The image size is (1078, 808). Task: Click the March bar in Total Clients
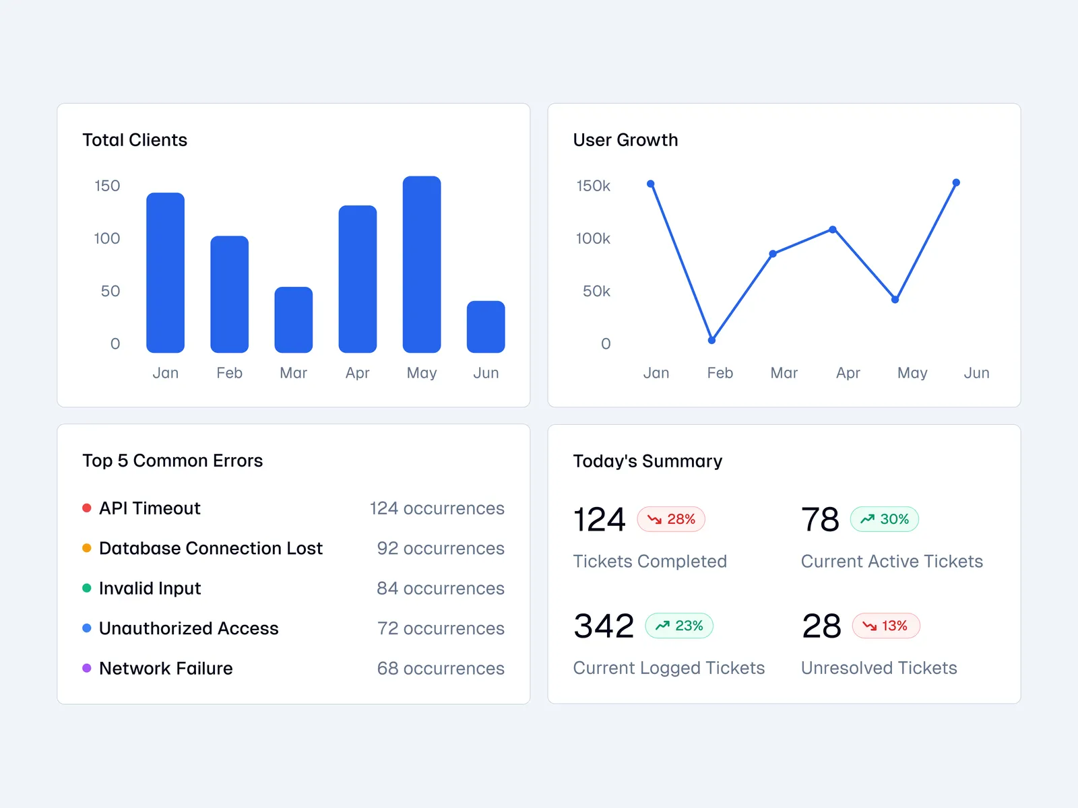click(x=294, y=320)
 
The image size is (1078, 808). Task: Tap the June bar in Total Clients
click(x=486, y=327)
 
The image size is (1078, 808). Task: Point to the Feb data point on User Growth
click(x=711, y=340)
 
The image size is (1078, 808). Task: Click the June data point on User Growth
click(x=956, y=182)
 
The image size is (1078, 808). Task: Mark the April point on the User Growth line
click(x=833, y=230)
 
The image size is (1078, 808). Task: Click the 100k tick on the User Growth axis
click(x=593, y=238)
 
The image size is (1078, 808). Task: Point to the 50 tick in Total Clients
click(x=110, y=291)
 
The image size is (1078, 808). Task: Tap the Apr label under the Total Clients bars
click(x=358, y=373)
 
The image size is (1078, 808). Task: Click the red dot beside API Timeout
click(x=87, y=508)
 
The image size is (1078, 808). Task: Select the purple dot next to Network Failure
click(x=87, y=668)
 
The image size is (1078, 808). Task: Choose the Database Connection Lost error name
click(x=211, y=548)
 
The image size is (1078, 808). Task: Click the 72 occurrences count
click(x=441, y=628)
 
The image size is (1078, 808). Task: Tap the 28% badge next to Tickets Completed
click(x=671, y=519)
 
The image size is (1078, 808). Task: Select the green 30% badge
click(x=885, y=519)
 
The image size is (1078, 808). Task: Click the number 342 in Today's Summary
click(x=604, y=626)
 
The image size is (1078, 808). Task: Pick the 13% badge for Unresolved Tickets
click(x=886, y=626)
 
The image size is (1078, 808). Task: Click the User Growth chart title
click(x=625, y=140)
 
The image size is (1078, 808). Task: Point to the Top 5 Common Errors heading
click(x=172, y=461)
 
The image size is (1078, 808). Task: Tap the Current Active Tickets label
click(x=891, y=562)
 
